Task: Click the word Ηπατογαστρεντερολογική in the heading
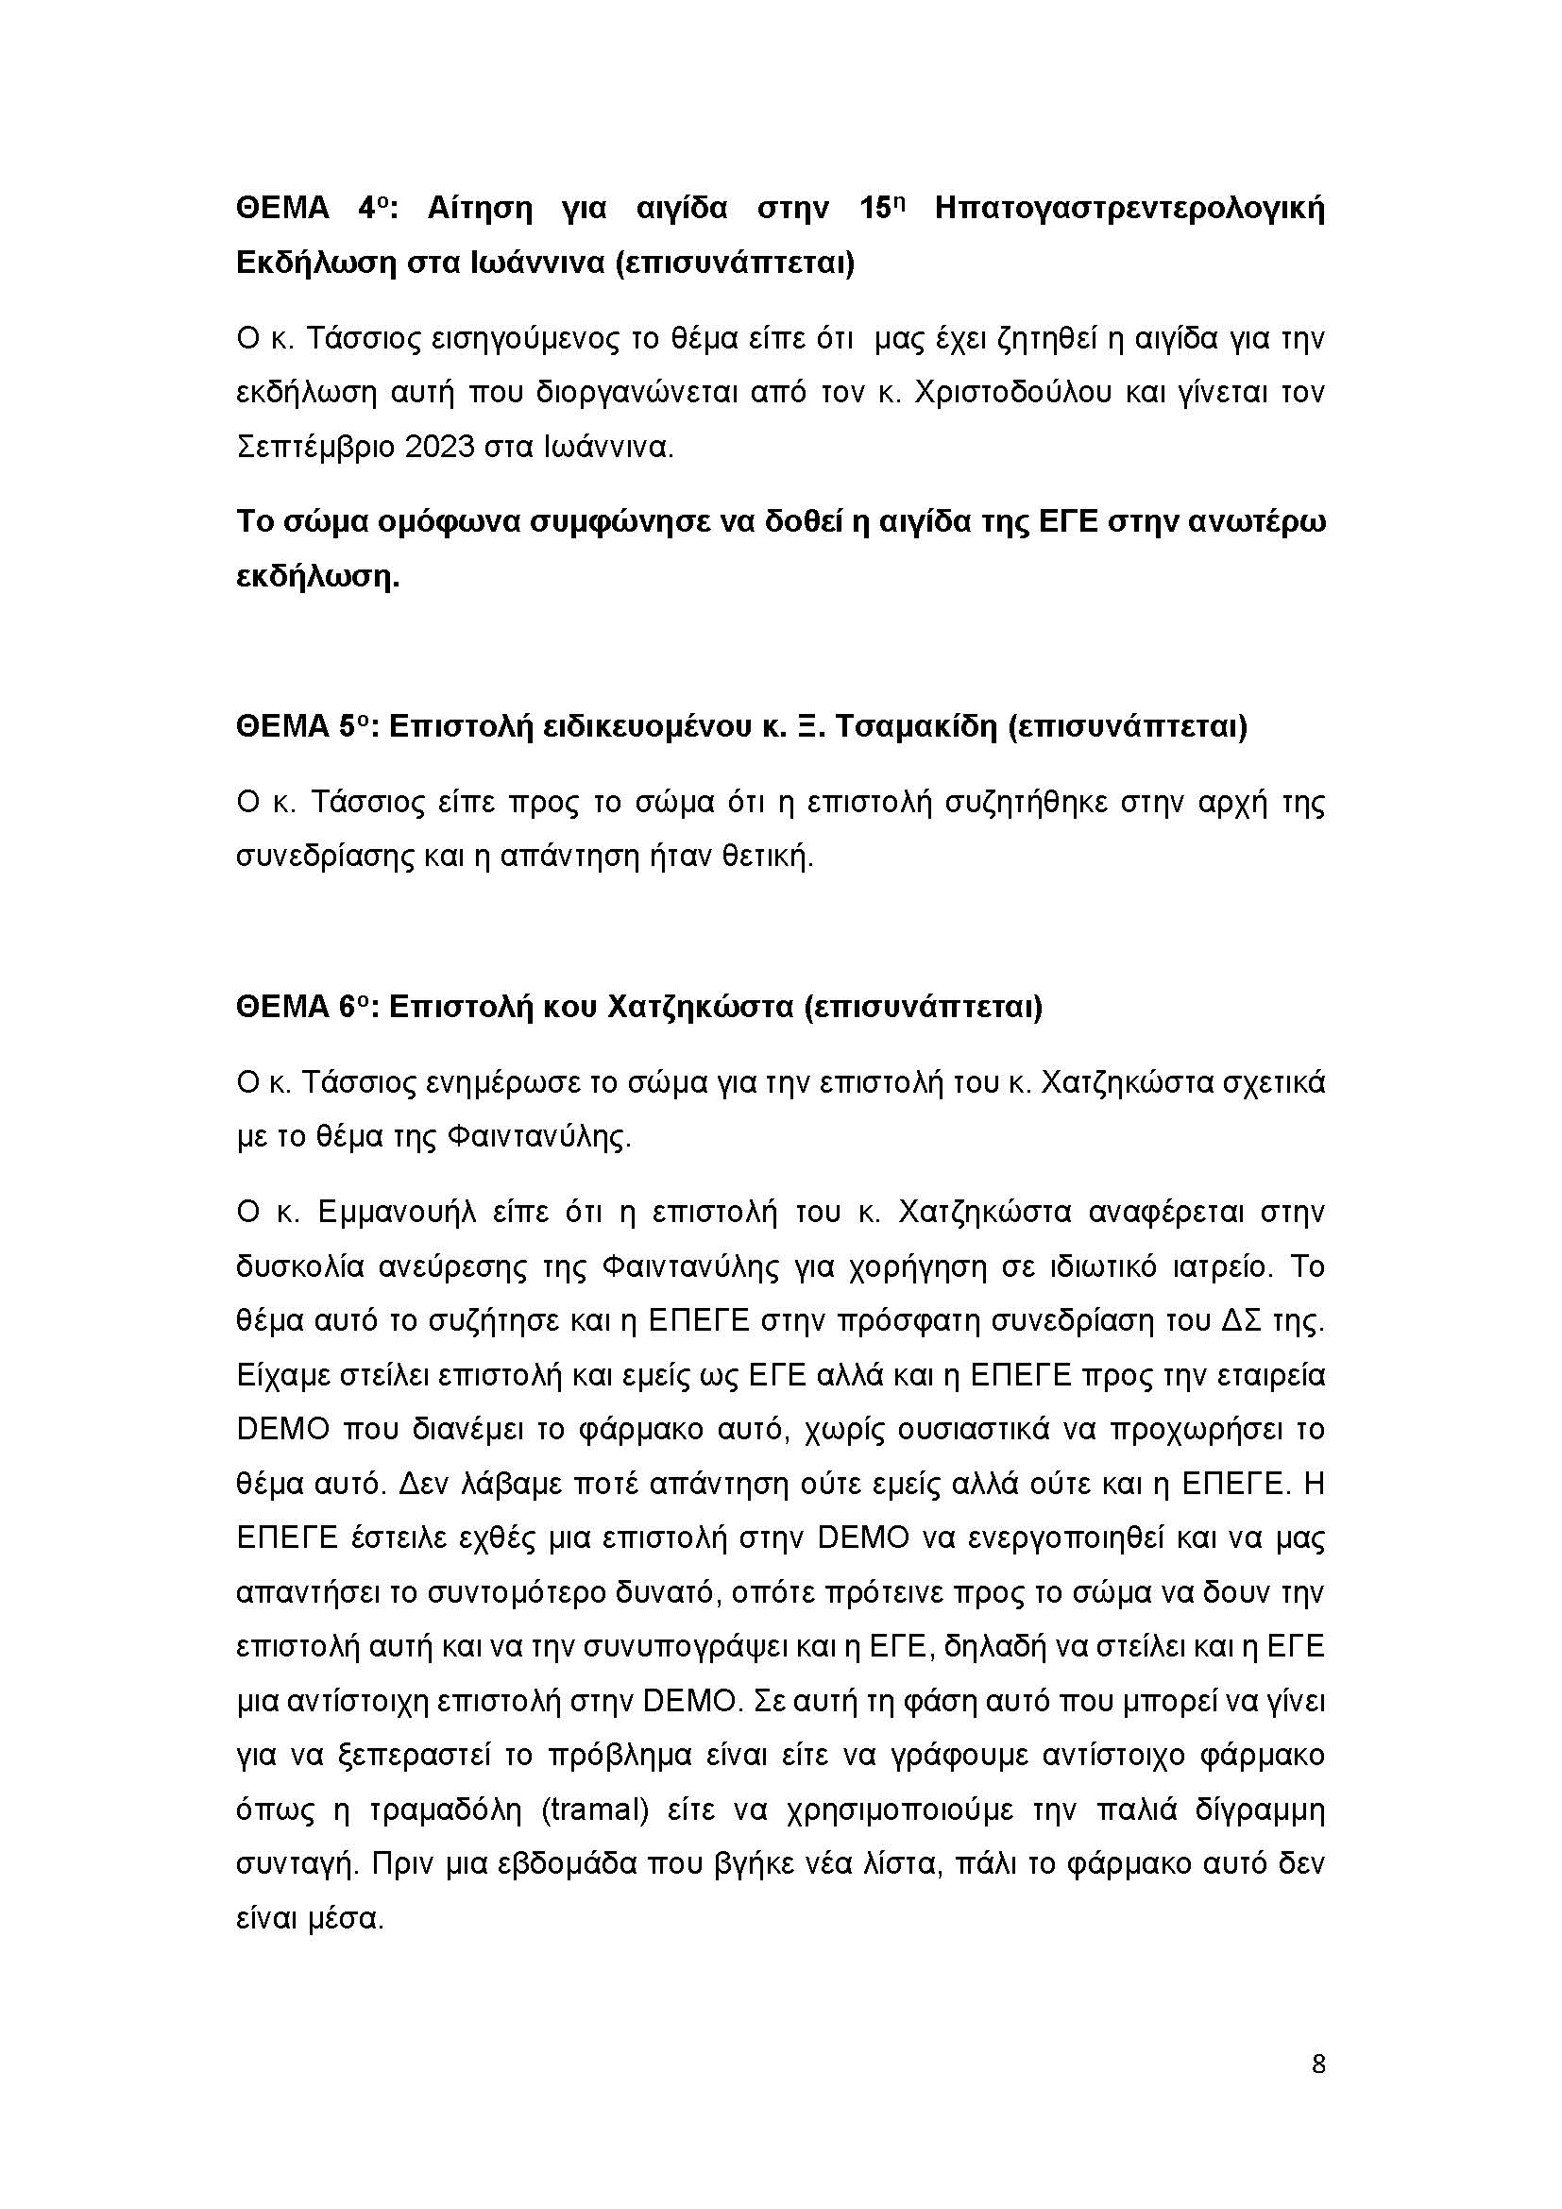(1129, 209)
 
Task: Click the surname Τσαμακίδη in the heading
(914, 726)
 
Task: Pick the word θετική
(767, 856)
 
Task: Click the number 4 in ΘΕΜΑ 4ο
(366, 209)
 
